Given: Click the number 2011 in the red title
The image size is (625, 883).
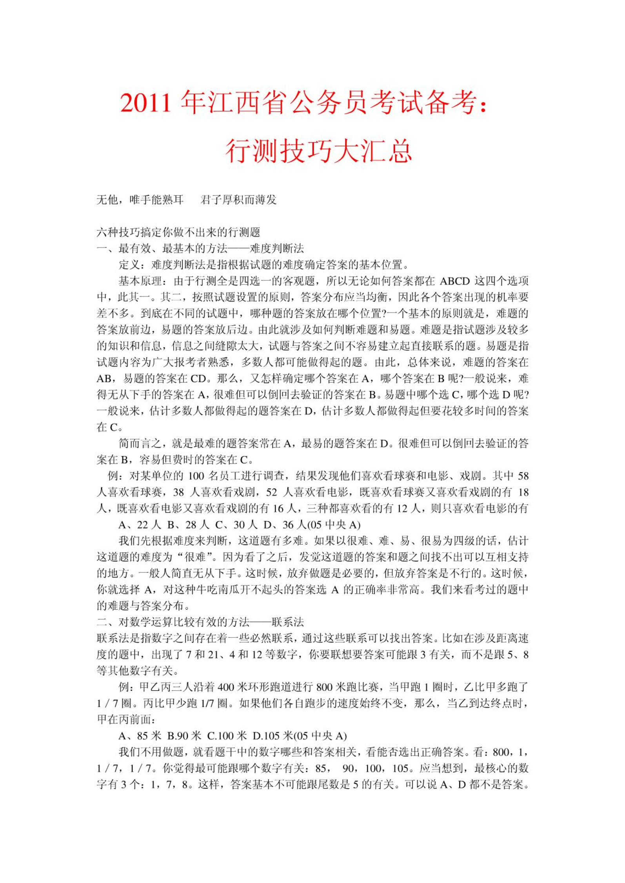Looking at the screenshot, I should click(x=145, y=104).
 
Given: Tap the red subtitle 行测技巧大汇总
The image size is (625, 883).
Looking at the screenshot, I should click(x=318, y=151).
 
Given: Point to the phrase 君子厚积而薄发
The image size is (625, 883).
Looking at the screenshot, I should click(x=238, y=200).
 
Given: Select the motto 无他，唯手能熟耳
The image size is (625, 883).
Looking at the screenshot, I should click(x=140, y=200).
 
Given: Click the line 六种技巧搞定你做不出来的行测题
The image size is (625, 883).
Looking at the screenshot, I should click(x=178, y=233).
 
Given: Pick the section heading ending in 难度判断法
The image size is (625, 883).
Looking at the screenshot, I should click(x=200, y=249).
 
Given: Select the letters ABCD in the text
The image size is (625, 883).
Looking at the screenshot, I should click(x=455, y=281).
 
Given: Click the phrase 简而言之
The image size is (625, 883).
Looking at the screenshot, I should click(x=140, y=443).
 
